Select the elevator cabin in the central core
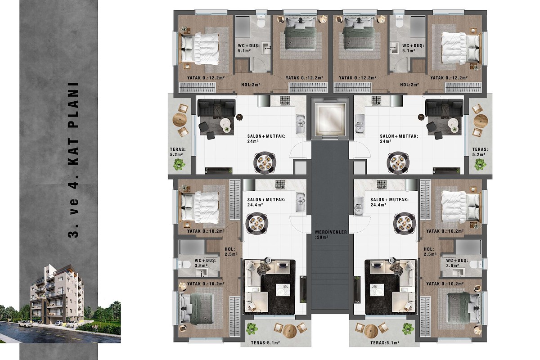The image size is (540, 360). pos(330,118)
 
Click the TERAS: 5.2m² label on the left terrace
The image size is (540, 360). pos(178,152)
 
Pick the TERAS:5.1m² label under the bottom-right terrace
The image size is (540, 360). pos(385,342)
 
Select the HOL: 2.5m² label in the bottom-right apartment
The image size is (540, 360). pos(430,252)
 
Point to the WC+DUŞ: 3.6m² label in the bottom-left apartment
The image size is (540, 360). pos(205,263)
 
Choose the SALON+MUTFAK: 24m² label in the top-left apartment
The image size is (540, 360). pos(266,139)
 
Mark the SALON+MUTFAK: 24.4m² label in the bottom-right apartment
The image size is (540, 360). pos(389,202)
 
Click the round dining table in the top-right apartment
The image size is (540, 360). pos(398,162)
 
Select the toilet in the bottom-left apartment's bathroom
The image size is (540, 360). pos(184,265)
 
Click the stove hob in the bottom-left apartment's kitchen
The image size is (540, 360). pos(280,184)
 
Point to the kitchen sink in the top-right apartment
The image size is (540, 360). pos(359,124)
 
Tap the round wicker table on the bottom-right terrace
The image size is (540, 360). pos(371,331)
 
